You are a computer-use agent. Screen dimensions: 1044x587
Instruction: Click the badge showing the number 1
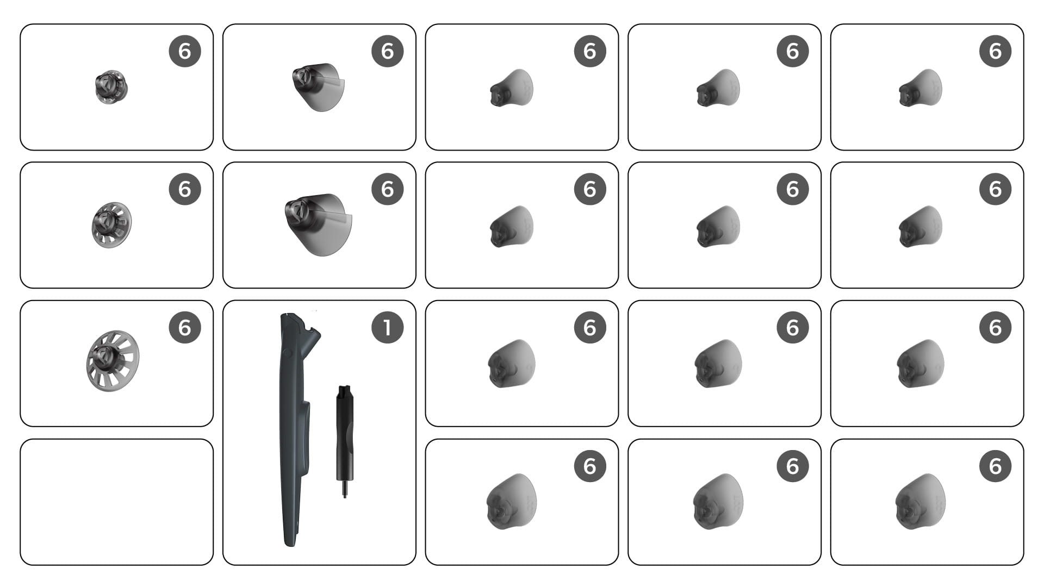tap(387, 328)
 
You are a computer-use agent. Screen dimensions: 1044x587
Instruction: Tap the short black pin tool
tap(344, 441)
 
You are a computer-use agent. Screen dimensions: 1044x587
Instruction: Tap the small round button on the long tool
tap(288, 354)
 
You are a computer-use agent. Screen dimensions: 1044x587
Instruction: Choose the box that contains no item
tap(116, 502)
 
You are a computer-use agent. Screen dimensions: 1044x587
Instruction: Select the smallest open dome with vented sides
tap(111, 87)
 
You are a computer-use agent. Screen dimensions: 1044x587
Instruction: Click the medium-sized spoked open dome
tap(111, 225)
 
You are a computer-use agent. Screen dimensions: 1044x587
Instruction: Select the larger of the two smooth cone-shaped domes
tap(319, 224)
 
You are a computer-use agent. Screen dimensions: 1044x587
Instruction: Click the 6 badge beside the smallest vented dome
tap(185, 51)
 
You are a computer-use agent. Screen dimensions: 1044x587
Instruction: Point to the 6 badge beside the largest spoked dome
tap(185, 328)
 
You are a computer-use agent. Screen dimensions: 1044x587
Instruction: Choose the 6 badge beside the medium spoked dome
tap(185, 189)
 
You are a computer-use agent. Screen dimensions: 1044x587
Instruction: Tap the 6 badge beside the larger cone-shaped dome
tap(387, 189)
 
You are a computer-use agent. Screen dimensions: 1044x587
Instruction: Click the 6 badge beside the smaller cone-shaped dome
tap(387, 51)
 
